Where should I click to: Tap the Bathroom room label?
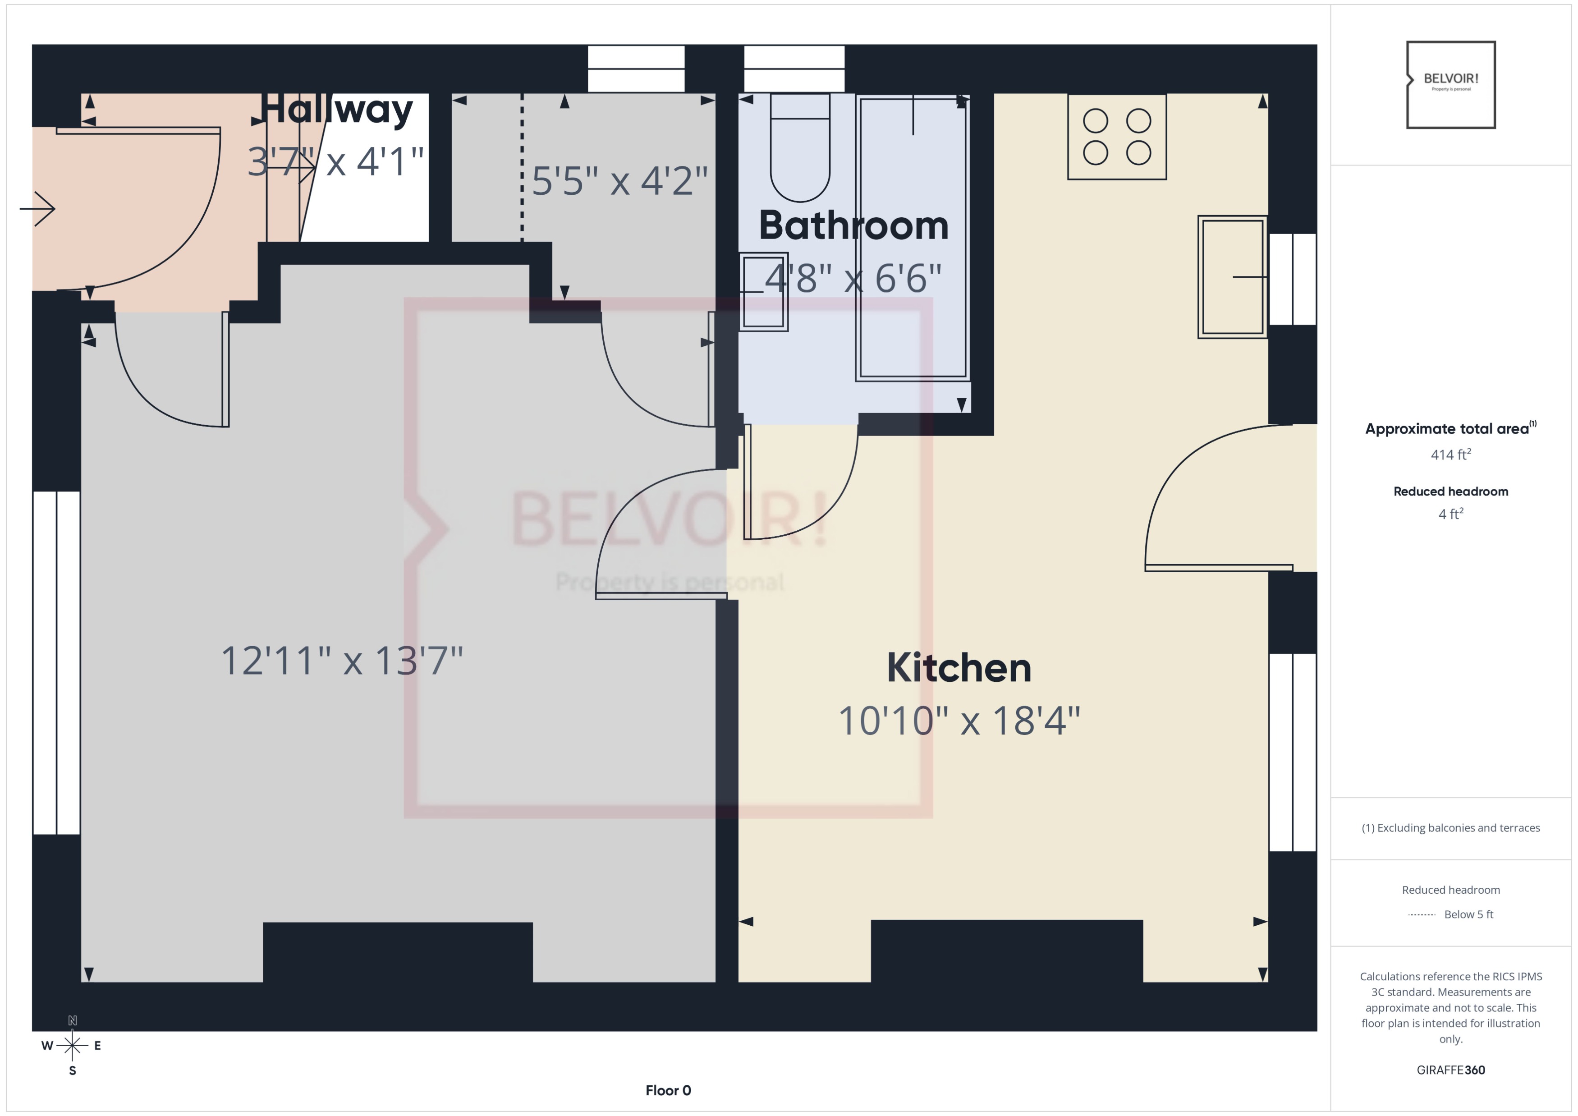coord(853,225)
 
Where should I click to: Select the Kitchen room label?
coord(959,668)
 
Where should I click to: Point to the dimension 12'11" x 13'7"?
coord(342,661)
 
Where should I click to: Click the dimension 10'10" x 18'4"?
coord(959,721)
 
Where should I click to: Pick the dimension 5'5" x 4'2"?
coord(619,181)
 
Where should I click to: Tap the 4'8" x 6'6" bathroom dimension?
coord(853,278)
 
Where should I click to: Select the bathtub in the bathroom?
coord(913,237)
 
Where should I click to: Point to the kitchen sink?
coord(1232,277)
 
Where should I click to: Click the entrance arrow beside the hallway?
coord(38,209)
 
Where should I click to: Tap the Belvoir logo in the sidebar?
coord(1451,84)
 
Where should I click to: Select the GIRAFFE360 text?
coord(1451,1070)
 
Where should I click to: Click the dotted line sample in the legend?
coord(1422,914)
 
